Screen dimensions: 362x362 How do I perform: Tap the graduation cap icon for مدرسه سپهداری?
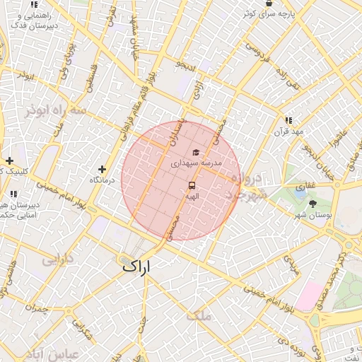coord(195,152)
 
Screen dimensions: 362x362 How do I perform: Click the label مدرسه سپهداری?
coord(196,163)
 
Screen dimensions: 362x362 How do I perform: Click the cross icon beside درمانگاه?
coord(103,169)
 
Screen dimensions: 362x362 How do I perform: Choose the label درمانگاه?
coord(103,180)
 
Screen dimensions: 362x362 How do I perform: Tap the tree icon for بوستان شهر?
coord(313,203)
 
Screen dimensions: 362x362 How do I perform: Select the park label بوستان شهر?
coord(312,214)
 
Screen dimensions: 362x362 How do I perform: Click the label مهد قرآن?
coord(290,132)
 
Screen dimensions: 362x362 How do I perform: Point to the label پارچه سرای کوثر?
coord(268,13)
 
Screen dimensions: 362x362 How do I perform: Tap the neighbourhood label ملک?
coord(199,316)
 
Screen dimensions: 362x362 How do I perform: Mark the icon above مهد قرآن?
coord(288,120)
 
